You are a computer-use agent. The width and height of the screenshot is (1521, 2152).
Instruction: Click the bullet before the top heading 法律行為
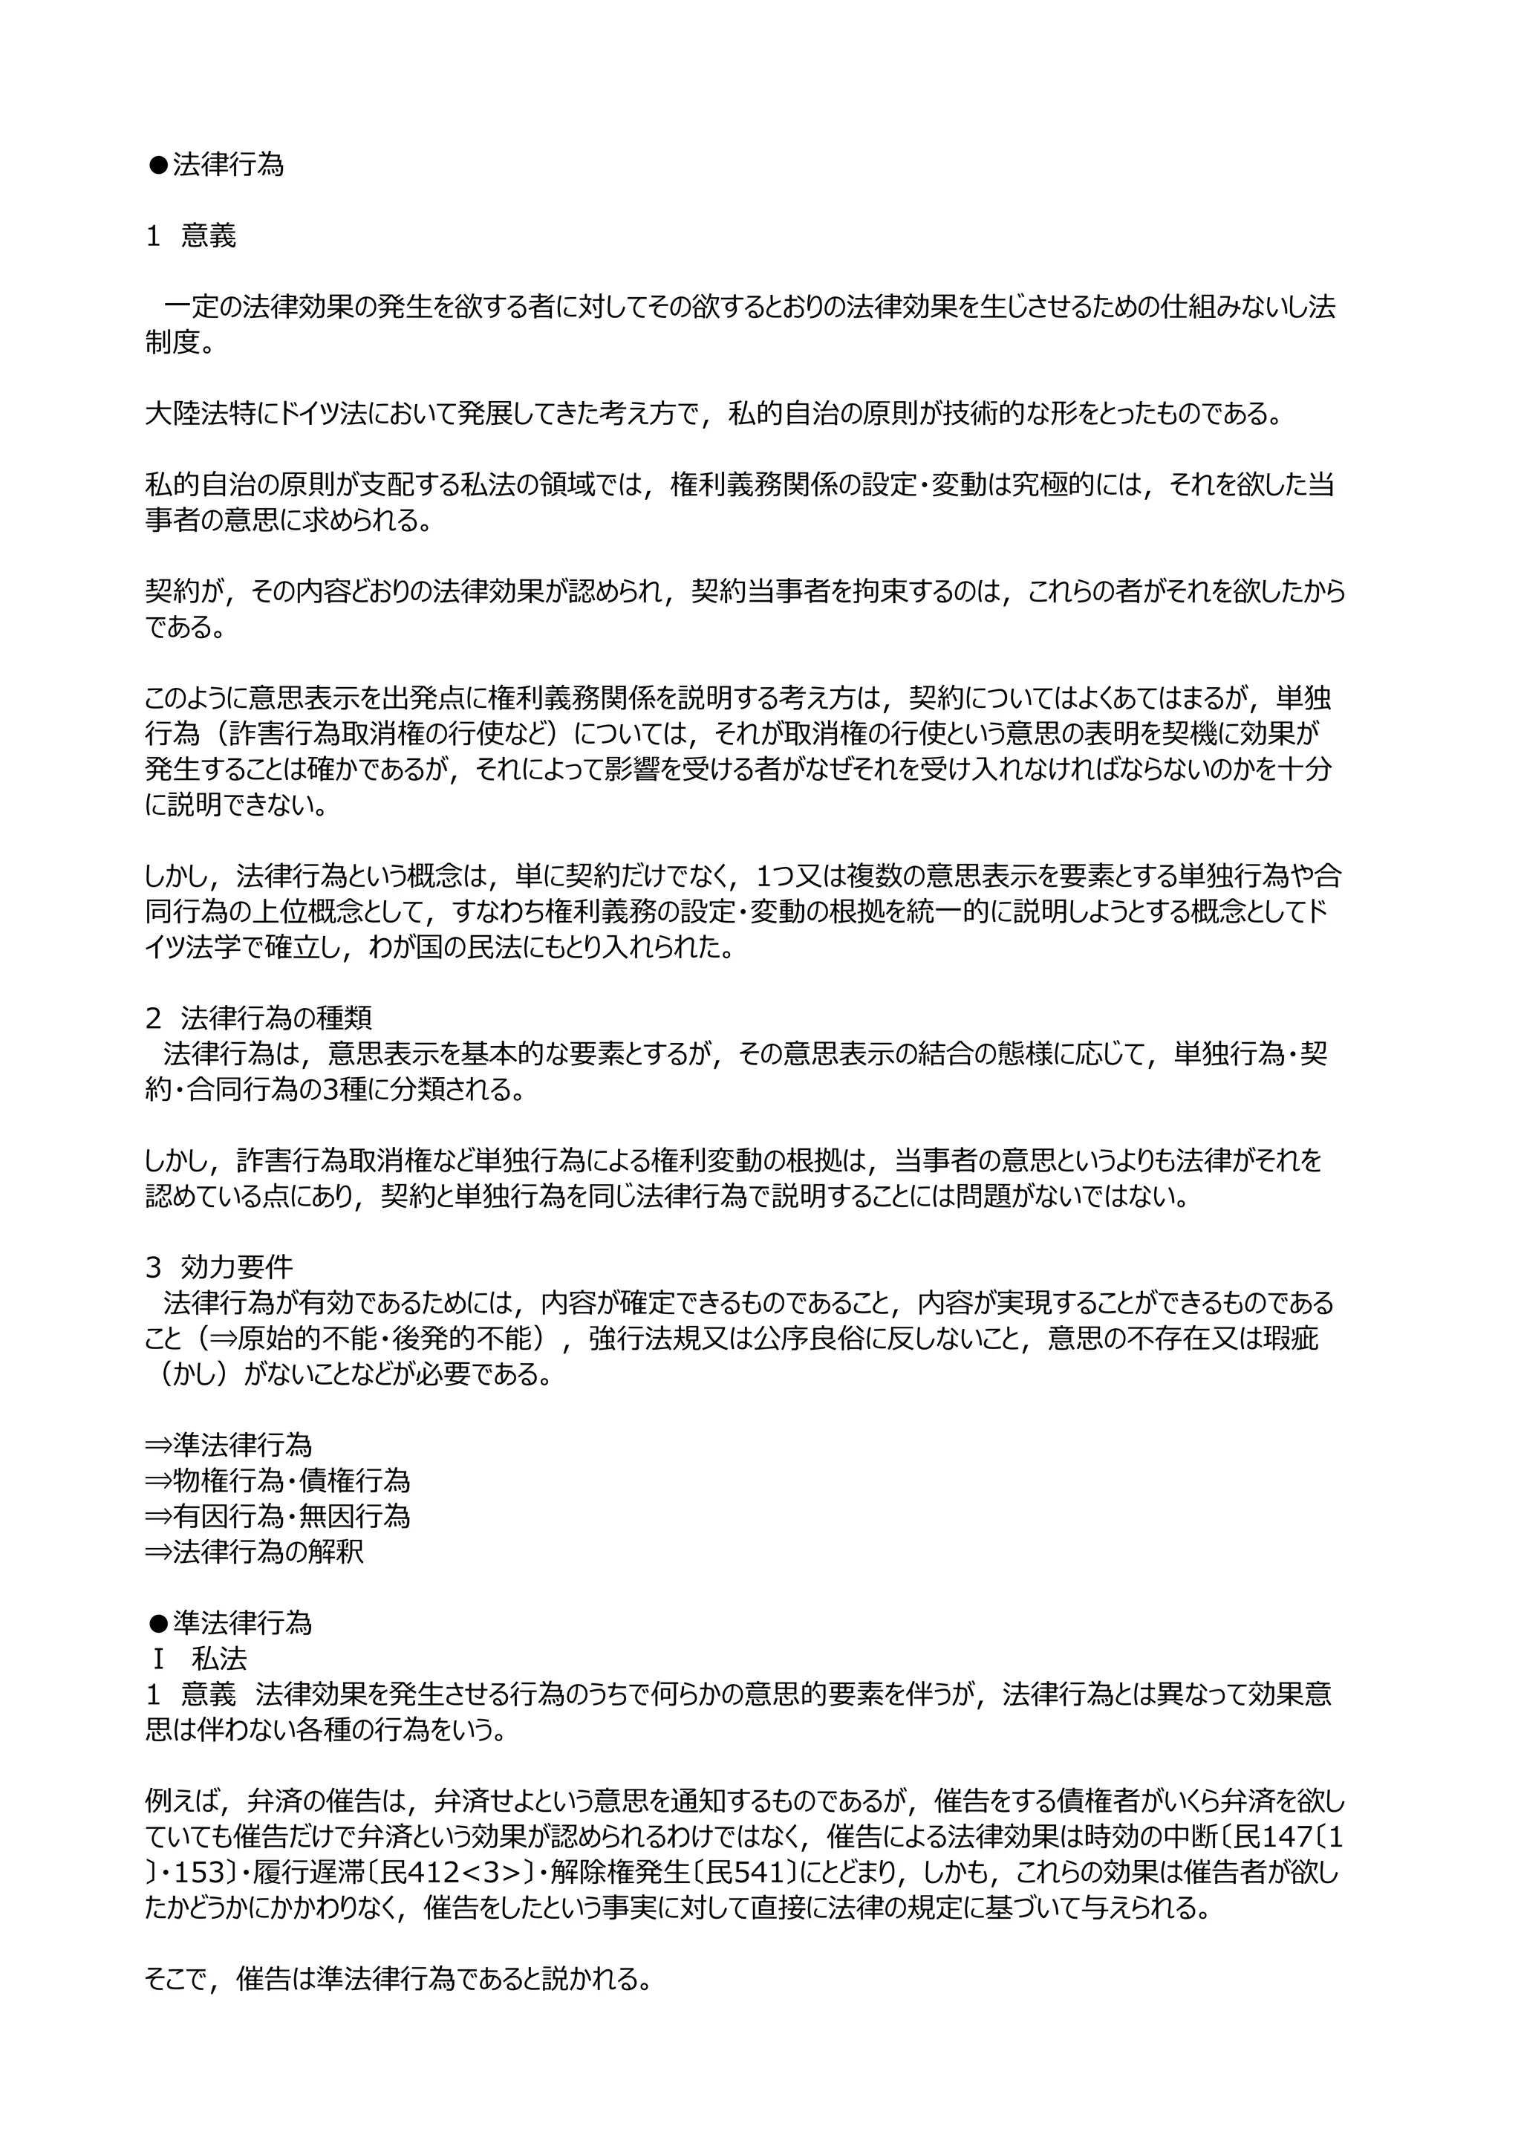(157, 166)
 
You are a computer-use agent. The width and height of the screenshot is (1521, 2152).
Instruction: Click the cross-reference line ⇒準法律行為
(228, 1444)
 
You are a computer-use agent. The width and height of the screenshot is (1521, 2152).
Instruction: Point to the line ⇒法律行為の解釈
(254, 1551)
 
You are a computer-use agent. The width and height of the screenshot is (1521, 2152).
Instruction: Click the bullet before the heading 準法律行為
(157, 1623)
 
